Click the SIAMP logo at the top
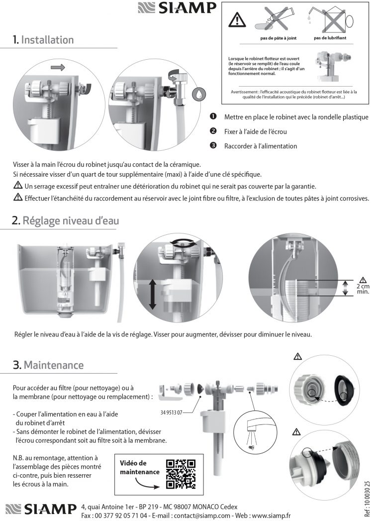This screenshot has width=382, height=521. pyautogui.click(x=177, y=8)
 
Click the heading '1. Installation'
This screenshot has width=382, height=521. pyautogui.click(x=43, y=40)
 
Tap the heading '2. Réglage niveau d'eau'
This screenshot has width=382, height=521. pyautogui.click(x=66, y=220)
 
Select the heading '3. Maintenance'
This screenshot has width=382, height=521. pyautogui.click(x=48, y=365)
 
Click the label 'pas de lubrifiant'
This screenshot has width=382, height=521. pyautogui.click(x=330, y=38)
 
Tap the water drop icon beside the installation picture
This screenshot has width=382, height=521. pyautogui.click(x=199, y=93)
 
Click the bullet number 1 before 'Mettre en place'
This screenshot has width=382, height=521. pyautogui.click(x=213, y=117)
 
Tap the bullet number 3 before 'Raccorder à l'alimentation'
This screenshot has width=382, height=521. pyautogui.click(x=213, y=146)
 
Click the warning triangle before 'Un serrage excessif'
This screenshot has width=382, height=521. pyautogui.click(x=18, y=186)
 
